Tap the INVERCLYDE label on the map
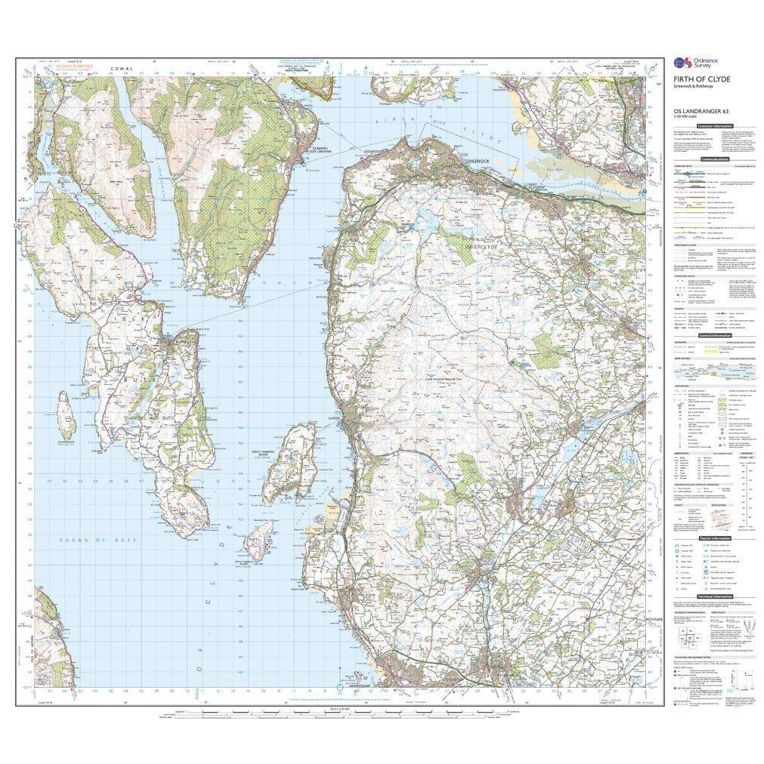(474, 245)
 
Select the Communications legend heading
(714, 159)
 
